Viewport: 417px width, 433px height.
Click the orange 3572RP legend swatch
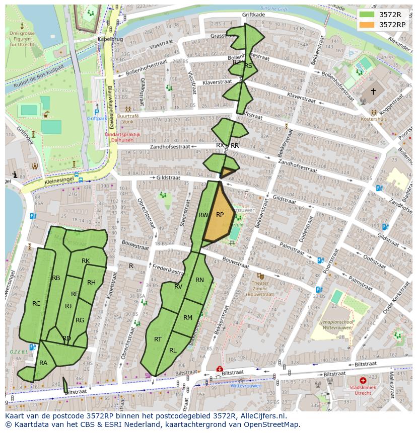pyautogui.click(x=367, y=25)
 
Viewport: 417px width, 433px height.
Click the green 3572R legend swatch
pyautogui.click(x=367, y=14)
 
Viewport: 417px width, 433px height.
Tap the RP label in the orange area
pyautogui.click(x=220, y=214)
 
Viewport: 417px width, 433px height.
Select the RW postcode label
pyautogui.click(x=203, y=215)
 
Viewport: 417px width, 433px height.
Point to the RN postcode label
pyautogui.click(x=199, y=280)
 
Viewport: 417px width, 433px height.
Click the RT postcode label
pyautogui.click(x=158, y=339)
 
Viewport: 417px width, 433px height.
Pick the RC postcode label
pyautogui.click(x=36, y=304)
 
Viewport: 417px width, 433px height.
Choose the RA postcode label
pyautogui.click(x=43, y=363)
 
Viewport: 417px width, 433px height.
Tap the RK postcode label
pyautogui.click(x=86, y=261)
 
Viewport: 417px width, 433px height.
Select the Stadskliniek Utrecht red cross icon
pyautogui.click(x=363, y=381)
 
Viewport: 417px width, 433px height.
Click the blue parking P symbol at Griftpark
pyautogui.click(x=97, y=112)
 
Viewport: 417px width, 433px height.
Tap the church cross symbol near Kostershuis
pyautogui.click(x=373, y=92)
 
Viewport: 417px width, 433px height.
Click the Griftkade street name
pyautogui.click(x=253, y=15)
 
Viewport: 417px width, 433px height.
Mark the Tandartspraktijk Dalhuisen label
pyautogui.click(x=122, y=137)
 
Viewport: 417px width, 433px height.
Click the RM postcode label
pyautogui.click(x=188, y=317)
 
